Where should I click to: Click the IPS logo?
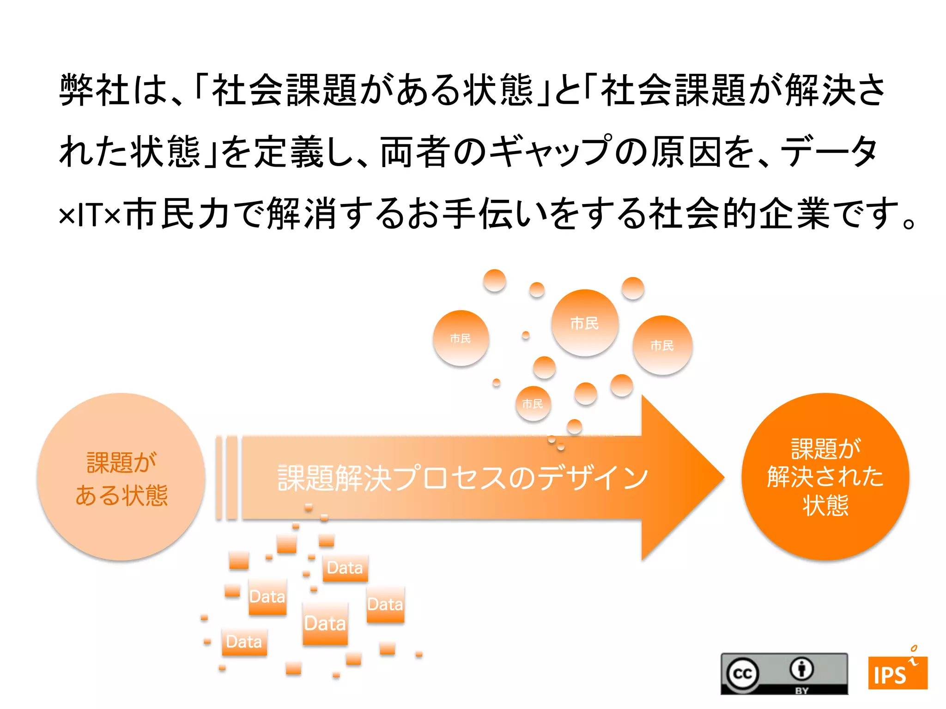897,672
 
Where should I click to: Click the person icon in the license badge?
801,669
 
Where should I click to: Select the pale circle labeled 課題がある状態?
121,477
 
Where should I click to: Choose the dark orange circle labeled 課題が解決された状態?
825,477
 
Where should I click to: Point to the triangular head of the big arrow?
679,478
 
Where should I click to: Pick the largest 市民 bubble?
585,323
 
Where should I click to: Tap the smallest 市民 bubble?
533,404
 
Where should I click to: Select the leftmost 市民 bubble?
461,338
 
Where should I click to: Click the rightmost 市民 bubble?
662,345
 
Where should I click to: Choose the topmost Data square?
345,568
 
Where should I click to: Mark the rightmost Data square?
385,604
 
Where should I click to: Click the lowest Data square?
244,642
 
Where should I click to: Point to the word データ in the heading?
829,151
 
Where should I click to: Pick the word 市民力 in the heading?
177,214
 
